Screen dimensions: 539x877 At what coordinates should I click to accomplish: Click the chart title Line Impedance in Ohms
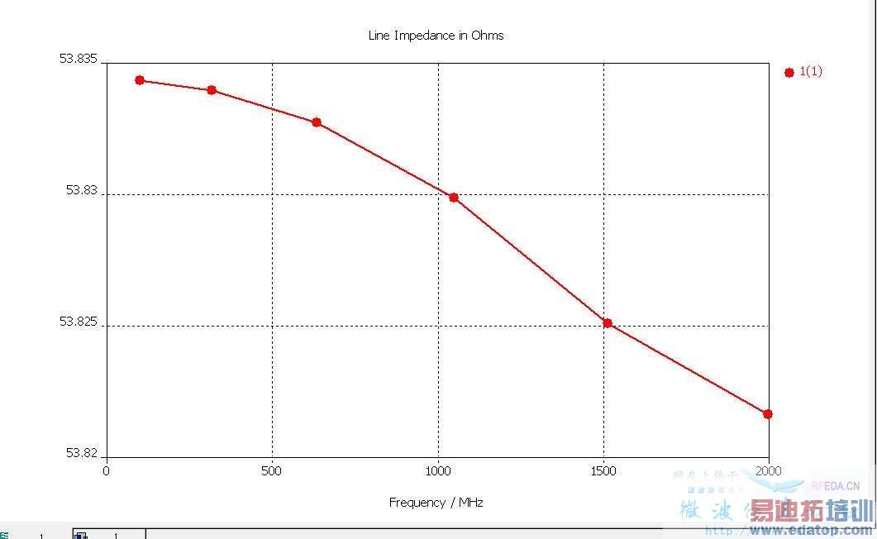click(436, 36)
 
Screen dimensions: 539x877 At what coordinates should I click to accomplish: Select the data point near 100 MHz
click(140, 80)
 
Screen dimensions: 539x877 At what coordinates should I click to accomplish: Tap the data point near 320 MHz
click(212, 90)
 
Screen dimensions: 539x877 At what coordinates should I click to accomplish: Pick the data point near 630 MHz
click(317, 122)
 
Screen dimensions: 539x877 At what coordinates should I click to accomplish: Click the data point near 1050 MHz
click(454, 198)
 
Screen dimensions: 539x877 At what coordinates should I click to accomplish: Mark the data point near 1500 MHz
click(608, 323)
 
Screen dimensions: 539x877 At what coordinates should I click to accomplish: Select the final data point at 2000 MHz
click(768, 414)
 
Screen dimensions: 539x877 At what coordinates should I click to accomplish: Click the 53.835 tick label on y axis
click(78, 59)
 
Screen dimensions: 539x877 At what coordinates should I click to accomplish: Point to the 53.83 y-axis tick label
click(82, 189)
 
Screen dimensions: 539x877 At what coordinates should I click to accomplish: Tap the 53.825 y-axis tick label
click(78, 321)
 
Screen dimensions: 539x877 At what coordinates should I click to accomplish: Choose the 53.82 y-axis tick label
click(82, 453)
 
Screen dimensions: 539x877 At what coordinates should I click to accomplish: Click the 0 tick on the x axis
click(106, 471)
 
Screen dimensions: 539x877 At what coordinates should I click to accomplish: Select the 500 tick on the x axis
click(271, 471)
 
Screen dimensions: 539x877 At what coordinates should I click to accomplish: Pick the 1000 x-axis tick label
click(438, 471)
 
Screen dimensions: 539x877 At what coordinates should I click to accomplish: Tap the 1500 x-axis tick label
click(604, 471)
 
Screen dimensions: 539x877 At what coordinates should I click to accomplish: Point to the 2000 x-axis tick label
click(769, 471)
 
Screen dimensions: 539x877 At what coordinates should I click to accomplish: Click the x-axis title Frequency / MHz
click(436, 503)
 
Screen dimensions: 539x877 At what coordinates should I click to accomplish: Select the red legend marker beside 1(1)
click(789, 73)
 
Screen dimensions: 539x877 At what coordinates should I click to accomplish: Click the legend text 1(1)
click(811, 71)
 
